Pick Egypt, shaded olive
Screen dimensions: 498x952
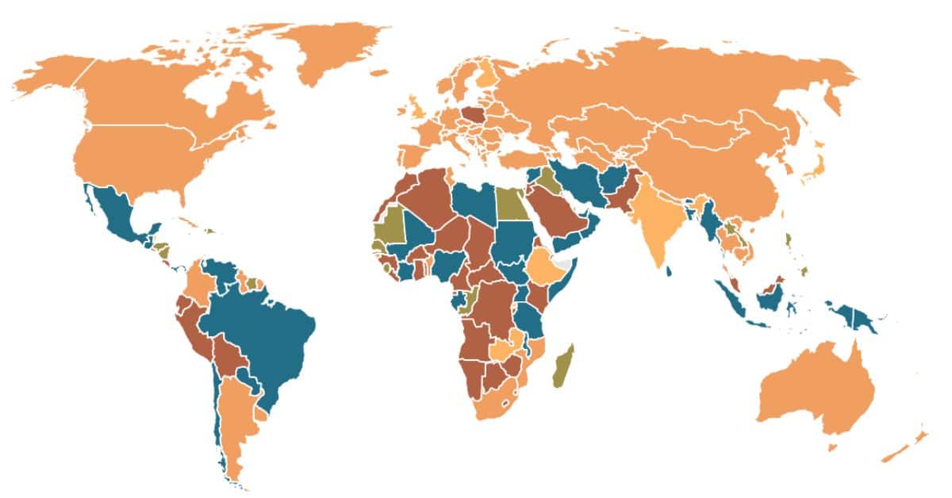pos(512,205)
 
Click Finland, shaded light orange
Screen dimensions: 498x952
pos(486,80)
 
